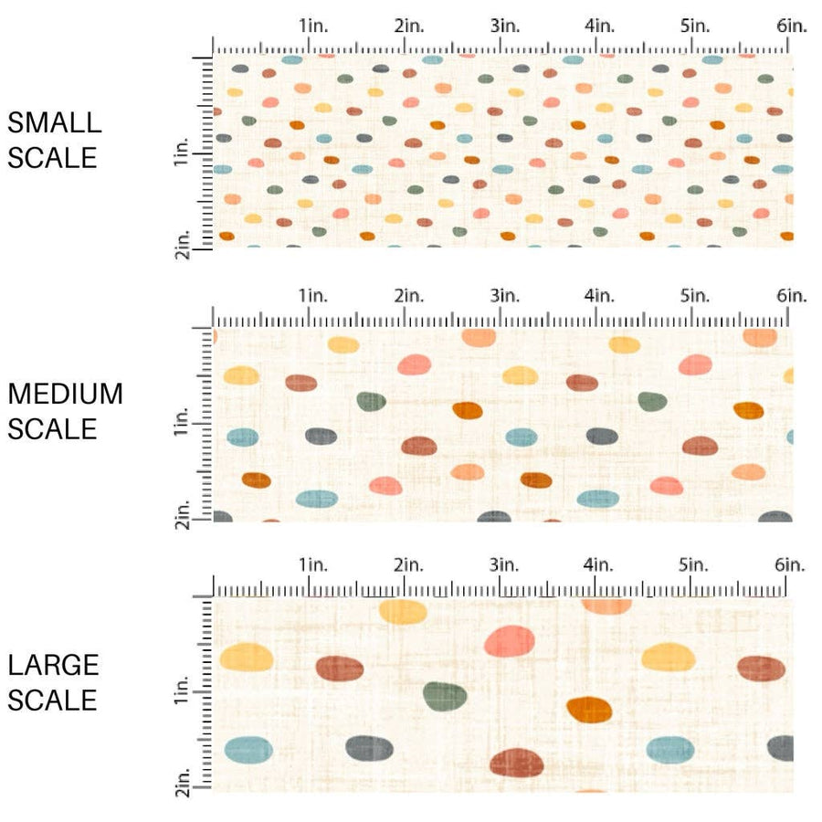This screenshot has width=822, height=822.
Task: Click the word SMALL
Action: (x=54, y=122)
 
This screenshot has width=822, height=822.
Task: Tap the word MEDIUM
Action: (x=65, y=394)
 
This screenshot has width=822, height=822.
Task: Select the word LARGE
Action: (x=52, y=665)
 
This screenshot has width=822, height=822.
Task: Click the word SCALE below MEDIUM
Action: (x=52, y=428)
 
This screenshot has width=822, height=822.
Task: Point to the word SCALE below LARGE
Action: (x=52, y=700)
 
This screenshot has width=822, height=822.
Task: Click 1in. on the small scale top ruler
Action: (x=313, y=26)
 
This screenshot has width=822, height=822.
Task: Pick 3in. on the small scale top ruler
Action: (x=505, y=26)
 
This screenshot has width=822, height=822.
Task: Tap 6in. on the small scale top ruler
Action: (x=792, y=26)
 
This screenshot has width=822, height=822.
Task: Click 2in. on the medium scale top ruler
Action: (x=409, y=296)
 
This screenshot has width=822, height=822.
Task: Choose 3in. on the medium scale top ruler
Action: (x=505, y=296)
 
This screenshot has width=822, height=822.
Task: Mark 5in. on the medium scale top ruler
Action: (x=696, y=296)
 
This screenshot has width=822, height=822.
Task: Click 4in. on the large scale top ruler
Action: (x=600, y=565)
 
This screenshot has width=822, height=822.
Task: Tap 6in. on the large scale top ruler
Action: (x=791, y=565)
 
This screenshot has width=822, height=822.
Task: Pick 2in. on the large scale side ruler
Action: (x=181, y=784)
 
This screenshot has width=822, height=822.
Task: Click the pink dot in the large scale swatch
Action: (x=510, y=641)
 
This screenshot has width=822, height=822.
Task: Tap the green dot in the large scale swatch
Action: (x=445, y=697)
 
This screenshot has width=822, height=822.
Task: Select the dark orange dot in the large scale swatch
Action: (x=589, y=708)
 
